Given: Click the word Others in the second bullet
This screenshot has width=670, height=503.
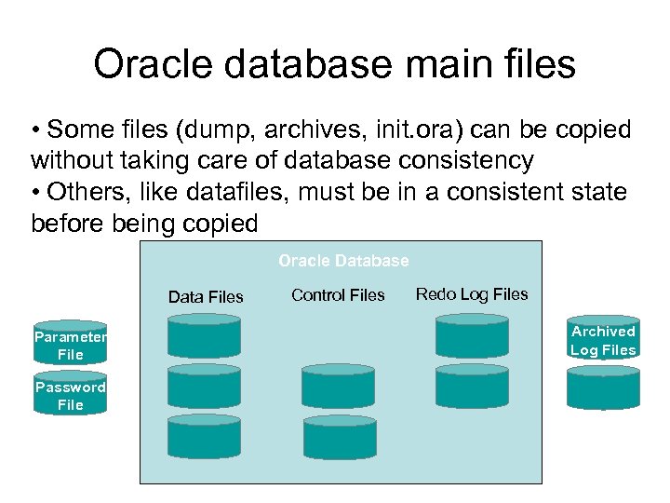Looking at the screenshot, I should (x=89, y=193).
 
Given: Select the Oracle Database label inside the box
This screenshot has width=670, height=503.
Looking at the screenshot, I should (x=343, y=261).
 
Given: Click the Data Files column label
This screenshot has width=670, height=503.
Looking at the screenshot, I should (x=206, y=297).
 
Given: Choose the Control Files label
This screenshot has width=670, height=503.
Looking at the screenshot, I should (x=338, y=295).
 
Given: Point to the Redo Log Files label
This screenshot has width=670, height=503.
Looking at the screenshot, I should (x=472, y=294).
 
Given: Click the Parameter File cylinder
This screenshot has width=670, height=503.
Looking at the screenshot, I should (x=71, y=346).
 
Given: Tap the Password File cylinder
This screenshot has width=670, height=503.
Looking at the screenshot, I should (x=71, y=396).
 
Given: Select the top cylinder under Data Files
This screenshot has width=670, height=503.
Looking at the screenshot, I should (x=204, y=337).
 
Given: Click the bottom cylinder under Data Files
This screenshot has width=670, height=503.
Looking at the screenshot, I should (x=204, y=436).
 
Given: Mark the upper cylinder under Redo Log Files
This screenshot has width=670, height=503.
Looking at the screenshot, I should (x=472, y=335).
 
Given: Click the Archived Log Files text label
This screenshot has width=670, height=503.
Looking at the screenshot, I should (x=603, y=341).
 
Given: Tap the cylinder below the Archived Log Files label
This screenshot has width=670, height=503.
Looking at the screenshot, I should (x=603, y=387).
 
